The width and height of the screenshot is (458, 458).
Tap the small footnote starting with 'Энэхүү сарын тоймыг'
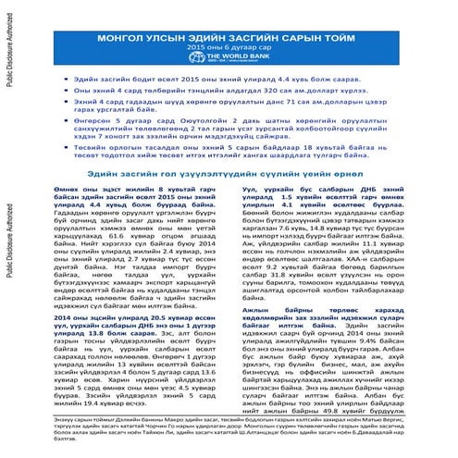227,439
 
